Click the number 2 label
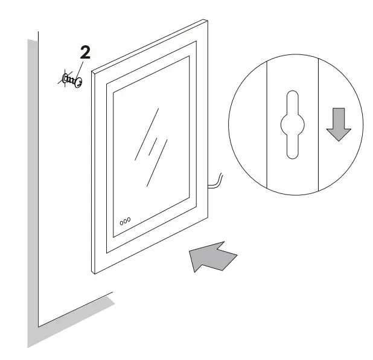pos(86,53)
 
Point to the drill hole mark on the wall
pos(64,78)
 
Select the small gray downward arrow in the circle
pos(338,126)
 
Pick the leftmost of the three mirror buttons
pos(121,222)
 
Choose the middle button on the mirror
pos(125,221)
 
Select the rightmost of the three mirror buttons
pos(129,220)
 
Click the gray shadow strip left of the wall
pos(32,181)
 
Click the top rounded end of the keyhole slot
pos(292,97)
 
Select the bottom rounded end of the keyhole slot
pos(292,153)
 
